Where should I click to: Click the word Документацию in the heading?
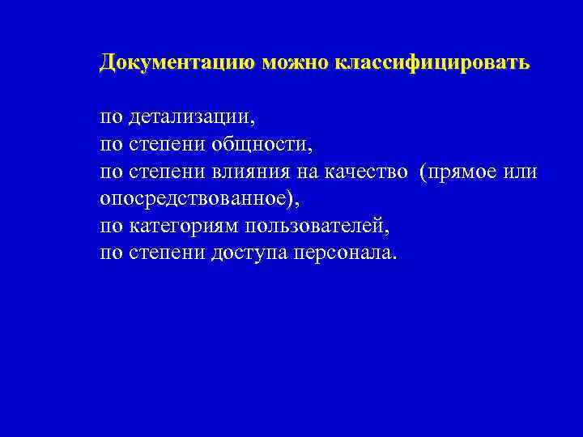tap(177, 63)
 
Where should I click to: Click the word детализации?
tap(190, 118)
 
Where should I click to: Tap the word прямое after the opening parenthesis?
tap(462, 172)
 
